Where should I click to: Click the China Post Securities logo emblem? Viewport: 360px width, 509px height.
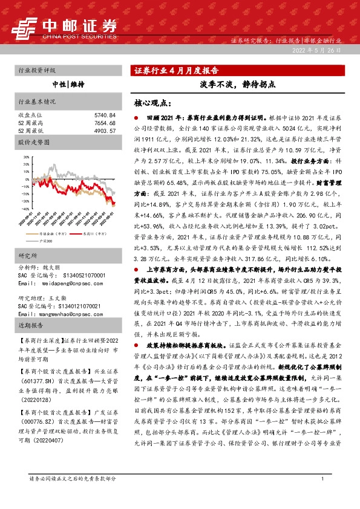(25, 28)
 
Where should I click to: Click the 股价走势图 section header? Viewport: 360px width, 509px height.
(33, 144)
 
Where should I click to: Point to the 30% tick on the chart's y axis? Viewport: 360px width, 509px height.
(25, 156)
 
